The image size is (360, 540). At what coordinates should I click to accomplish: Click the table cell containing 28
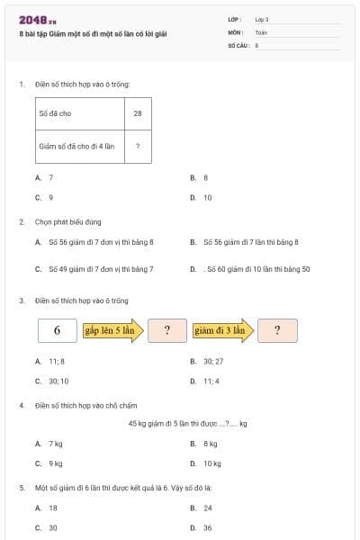point(137,114)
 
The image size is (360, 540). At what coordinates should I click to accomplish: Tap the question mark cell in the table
point(137,146)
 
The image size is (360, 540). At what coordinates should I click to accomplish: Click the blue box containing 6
point(57,330)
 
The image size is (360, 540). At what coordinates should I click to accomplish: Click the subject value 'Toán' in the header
point(261,31)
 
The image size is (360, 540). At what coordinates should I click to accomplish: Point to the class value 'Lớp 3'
point(262,19)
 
